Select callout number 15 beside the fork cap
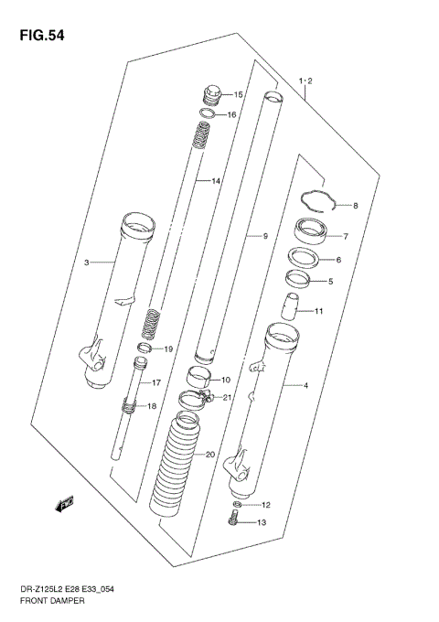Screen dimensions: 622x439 point(239,95)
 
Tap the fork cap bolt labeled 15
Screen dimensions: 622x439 point(210,94)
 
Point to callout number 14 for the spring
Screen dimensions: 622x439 point(217,182)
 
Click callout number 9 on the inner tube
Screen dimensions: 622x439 point(264,238)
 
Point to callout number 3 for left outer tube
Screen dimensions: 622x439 point(87,263)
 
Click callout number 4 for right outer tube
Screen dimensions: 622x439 point(305,386)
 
